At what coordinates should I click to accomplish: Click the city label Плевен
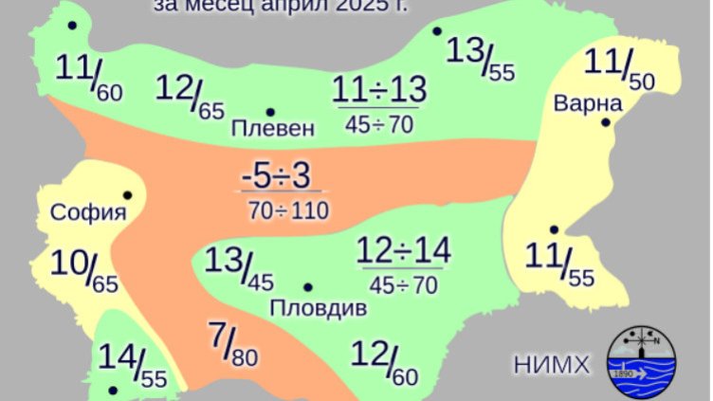(272, 128)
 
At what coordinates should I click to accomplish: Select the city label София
(88, 211)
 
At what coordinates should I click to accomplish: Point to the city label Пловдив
(319, 308)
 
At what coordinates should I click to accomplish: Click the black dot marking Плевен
(270, 111)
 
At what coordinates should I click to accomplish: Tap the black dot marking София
(127, 195)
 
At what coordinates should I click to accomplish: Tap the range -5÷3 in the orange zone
(275, 177)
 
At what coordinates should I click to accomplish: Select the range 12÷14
(404, 251)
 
